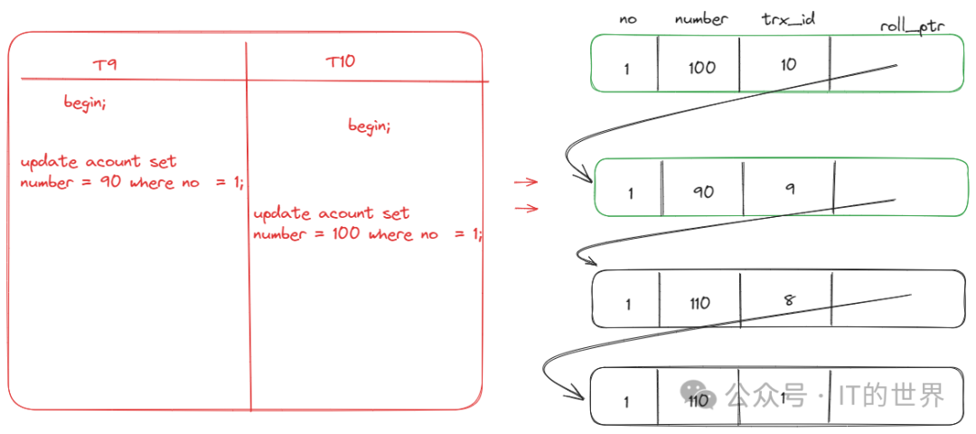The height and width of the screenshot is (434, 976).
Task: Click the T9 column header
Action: point(104,65)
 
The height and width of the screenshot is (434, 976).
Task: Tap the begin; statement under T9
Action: point(85,102)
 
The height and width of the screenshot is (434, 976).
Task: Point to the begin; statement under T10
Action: point(370,127)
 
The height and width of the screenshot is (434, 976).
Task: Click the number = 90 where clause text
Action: point(132,182)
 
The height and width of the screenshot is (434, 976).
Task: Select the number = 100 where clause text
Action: point(368,233)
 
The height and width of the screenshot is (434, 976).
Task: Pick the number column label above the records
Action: point(701,18)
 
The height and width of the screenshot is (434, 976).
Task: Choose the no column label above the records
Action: point(628,18)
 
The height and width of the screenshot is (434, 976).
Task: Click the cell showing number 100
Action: point(701,67)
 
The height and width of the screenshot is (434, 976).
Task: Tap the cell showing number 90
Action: point(703,191)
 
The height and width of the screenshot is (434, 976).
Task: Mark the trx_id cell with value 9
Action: point(790,188)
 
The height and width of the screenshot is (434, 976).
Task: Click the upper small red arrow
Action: point(526,182)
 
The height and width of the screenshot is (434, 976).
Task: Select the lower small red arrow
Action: point(526,209)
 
